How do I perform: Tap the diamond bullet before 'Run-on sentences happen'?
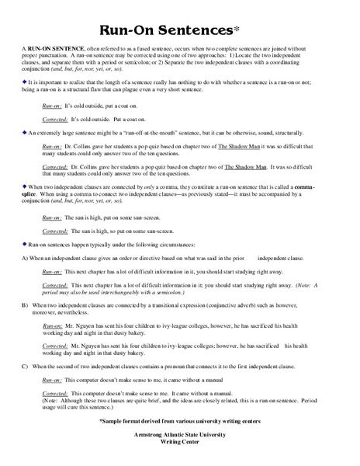[x=24, y=243]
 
